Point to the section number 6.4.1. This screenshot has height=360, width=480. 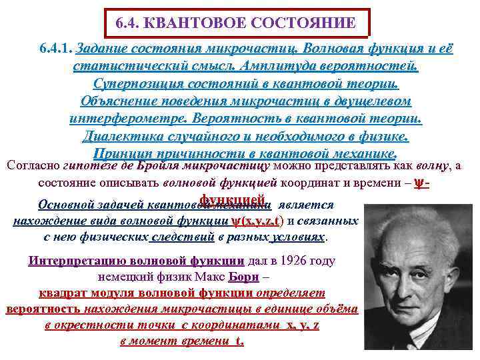coord(56,50)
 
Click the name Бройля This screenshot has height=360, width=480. coord(168,165)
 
